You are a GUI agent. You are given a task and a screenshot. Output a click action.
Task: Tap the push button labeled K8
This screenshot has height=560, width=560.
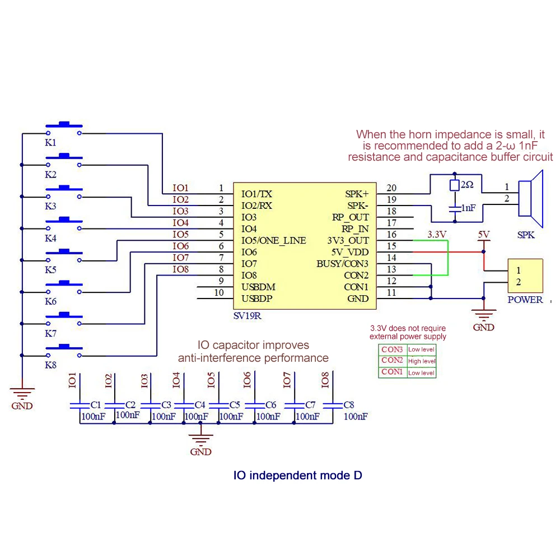tap(64, 350)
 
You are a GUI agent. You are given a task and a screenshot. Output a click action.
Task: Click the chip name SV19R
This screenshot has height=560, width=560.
tap(247, 316)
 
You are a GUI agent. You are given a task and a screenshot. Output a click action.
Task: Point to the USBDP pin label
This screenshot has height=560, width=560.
tap(256, 298)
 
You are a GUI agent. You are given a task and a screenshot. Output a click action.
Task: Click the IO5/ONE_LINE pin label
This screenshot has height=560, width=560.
tap(273, 240)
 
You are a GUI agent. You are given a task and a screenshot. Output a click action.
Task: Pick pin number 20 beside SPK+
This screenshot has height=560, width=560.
tap(391, 188)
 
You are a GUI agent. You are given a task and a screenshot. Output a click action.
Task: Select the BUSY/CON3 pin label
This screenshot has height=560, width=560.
tap(343, 264)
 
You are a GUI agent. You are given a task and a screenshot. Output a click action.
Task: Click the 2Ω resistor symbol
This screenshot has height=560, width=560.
tap(454, 185)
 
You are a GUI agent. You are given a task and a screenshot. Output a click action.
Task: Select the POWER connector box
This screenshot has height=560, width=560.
tap(525, 276)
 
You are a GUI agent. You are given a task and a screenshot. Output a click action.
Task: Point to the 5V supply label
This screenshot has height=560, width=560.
tap(483, 234)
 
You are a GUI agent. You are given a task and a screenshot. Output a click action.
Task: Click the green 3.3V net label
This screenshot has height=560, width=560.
tap(437, 234)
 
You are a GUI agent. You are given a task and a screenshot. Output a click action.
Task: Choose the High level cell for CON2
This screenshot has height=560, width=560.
tap(422, 361)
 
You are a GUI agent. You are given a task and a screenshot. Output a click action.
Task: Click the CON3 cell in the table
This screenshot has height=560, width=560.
tap(392, 349)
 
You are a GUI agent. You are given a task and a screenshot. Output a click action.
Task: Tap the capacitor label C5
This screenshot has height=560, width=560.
tap(235, 404)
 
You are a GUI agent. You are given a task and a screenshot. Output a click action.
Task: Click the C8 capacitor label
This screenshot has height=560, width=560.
tap(348, 404)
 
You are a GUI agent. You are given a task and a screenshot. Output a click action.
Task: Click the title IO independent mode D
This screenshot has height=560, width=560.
tap(297, 475)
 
